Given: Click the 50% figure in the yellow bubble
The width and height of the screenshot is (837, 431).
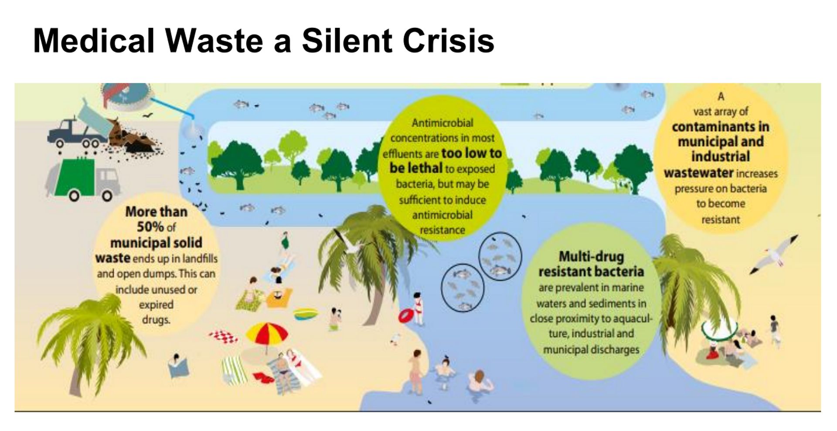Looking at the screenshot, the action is tap(150, 227).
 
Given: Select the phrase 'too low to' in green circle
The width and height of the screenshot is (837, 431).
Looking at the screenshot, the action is tap(471, 153).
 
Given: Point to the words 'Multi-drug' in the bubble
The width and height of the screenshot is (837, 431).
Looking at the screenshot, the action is tap(592, 256).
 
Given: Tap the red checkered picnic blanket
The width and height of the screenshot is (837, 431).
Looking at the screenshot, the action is tap(224, 336).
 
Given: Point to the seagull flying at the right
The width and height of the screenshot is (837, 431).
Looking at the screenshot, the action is tap(774, 255).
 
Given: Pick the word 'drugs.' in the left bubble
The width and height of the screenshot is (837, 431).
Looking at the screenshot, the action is tap(156, 320).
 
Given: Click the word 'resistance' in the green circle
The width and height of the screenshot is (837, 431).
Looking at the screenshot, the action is tap(442, 230).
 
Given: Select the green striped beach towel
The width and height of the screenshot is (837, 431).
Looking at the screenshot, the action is tap(234, 370).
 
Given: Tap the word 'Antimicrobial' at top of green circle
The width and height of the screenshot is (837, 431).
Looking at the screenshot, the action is tap(442, 123).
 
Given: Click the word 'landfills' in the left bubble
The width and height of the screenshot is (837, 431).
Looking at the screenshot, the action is tap(200, 259).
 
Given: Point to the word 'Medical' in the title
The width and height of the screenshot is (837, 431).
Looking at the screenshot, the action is tap(94, 41).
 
